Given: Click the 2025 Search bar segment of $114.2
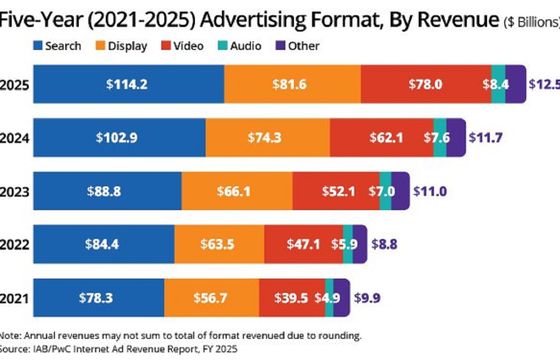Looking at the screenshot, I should (128, 85).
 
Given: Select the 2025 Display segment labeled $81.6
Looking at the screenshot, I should (292, 85).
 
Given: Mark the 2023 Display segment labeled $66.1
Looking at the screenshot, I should (236, 190).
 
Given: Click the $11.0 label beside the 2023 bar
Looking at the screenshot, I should (430, 190).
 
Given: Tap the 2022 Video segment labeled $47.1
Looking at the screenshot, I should (303, 243).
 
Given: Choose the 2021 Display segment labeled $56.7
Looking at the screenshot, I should (211, 297).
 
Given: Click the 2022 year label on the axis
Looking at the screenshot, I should (14, 243).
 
